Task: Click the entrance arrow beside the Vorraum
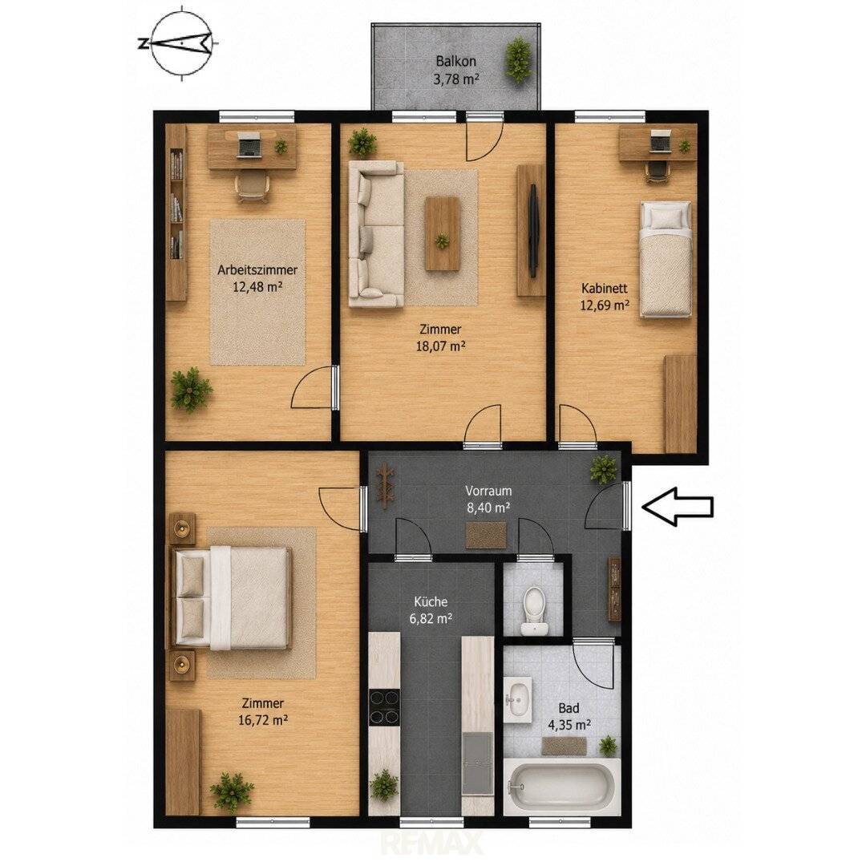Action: coord(677,506)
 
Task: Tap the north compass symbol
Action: coord(181,43)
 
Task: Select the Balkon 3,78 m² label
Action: coord(455,70)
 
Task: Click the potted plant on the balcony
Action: coord(519,59)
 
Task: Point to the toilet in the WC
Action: coord(533,610)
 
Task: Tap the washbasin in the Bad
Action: coord(518,698)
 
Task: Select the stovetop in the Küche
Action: coord(384,707)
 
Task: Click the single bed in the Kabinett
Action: coord(665,259)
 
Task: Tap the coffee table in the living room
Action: coord(442,233)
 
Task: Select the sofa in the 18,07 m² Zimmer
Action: coord(375,233)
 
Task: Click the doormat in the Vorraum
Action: coord(486,535)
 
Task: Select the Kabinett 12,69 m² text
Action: coord(605,296)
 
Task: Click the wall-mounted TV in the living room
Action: coord(533,231)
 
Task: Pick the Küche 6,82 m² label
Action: coord(431,609)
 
